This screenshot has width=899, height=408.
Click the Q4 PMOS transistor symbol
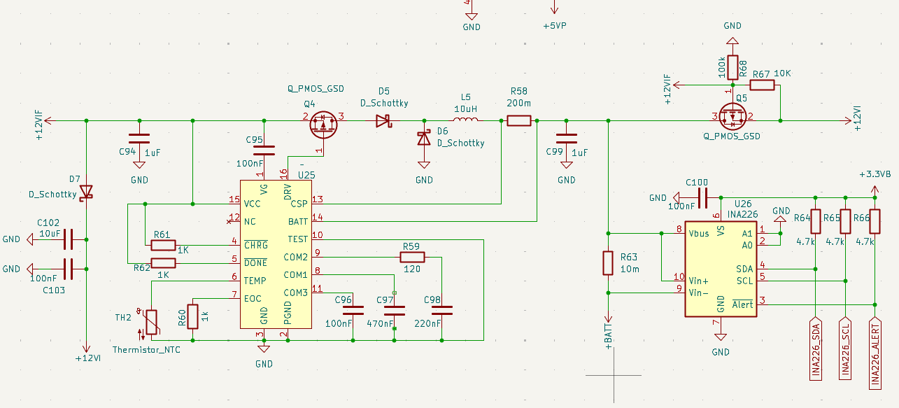tap(323, 125)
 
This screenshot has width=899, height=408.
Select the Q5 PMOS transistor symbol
tap(733, 116)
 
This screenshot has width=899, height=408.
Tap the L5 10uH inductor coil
tap(465, 119)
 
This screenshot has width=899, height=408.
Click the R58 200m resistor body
tap(519, 120)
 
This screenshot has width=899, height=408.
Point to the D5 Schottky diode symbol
tap(383, 120)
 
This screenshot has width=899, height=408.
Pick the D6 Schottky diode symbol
tap(424, 138)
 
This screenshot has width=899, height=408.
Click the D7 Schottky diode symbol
tap(86, 192)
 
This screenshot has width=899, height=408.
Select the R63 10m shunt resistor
tap(608, 263)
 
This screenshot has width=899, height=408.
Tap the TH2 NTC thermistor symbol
tap(151, 322)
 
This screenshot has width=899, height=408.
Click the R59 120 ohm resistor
tap(412, 257)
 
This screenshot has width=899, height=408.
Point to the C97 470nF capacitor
tap(394, 311)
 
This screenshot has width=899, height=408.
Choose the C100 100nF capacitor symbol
tap(702, 197)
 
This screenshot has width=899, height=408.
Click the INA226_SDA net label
tap(816, 349)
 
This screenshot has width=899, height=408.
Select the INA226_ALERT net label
tap(875, 353)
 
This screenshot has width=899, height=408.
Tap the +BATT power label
tap(609, 336)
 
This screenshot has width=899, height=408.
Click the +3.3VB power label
tap(875, 174)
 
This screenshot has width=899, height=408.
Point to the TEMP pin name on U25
tap(255, 281)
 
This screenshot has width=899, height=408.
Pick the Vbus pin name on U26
tap(699, 233)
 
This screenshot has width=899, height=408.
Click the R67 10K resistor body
tap(762, 85)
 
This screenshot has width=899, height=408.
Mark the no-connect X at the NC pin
tap(229, 221)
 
